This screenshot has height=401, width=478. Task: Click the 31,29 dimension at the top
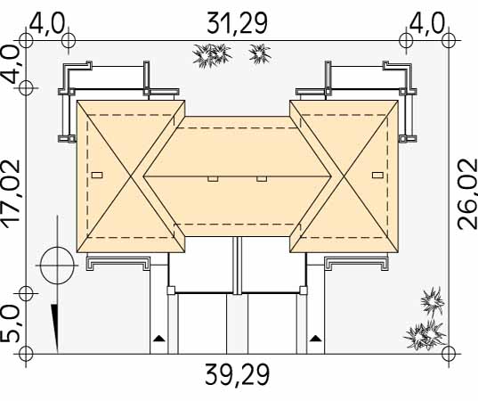click(x=237, y=23)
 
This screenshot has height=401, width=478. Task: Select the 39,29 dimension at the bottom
click(x=237, y=374)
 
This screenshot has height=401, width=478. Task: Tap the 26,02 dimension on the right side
click(x=467, y=193)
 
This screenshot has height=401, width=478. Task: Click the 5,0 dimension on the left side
click(x=11, y=323)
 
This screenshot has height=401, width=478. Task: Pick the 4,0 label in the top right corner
click(x=426, y=23)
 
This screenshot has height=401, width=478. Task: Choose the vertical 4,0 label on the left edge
click(x=11, y=65)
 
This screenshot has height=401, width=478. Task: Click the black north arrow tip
click(x=57, y=351)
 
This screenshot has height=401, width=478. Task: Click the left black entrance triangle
click(x=158, y=338)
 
